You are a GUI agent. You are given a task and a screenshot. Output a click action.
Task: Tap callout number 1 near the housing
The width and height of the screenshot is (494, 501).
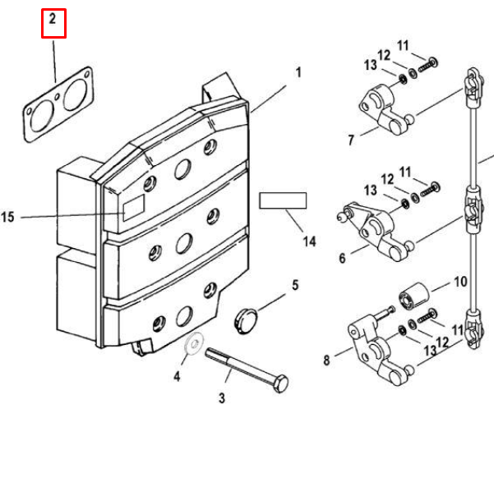click(x=298, y=72)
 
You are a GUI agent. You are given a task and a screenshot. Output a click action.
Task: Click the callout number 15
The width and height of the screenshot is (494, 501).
click(x=9, y=218)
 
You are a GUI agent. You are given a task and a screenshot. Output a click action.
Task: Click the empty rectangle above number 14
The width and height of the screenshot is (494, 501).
click(x=283, y=200)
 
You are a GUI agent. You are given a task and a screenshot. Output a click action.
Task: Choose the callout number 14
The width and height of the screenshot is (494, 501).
click(x=309, y=241)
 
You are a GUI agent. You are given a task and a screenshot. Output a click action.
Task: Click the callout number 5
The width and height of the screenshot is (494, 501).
click(x=293, y=286)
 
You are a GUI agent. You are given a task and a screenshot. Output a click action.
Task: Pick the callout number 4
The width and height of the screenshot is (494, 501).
click(x=176, y=377)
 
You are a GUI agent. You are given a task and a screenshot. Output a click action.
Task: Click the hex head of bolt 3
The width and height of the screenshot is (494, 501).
click(x=279, y=383)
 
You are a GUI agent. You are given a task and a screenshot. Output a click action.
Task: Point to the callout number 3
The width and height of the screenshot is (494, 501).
click(x=221, y=399)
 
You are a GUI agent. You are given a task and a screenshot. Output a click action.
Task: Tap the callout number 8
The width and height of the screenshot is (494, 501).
click(x=326, y=360)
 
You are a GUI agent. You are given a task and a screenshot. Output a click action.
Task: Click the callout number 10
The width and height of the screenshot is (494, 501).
click(x=459, y=282)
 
